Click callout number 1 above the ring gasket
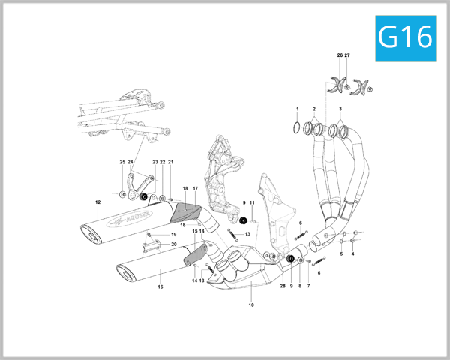[297, 109]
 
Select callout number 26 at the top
[340, 56]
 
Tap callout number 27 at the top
[347, 56]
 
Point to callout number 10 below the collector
[251, 305]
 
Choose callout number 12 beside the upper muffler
[97, 202]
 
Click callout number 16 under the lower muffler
[160, 286]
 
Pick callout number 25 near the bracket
[122, 162]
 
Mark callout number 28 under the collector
[283, 286]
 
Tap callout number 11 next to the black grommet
[253, 203]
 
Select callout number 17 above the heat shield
[195, 188]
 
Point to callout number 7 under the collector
[307, 286]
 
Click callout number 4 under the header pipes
[352, 253]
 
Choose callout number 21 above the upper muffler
[170, 162]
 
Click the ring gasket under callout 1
[297, 127]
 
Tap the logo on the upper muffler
[130, 218]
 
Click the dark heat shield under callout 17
[187, 214]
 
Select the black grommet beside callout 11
[244, 220]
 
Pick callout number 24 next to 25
[130, 162]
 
